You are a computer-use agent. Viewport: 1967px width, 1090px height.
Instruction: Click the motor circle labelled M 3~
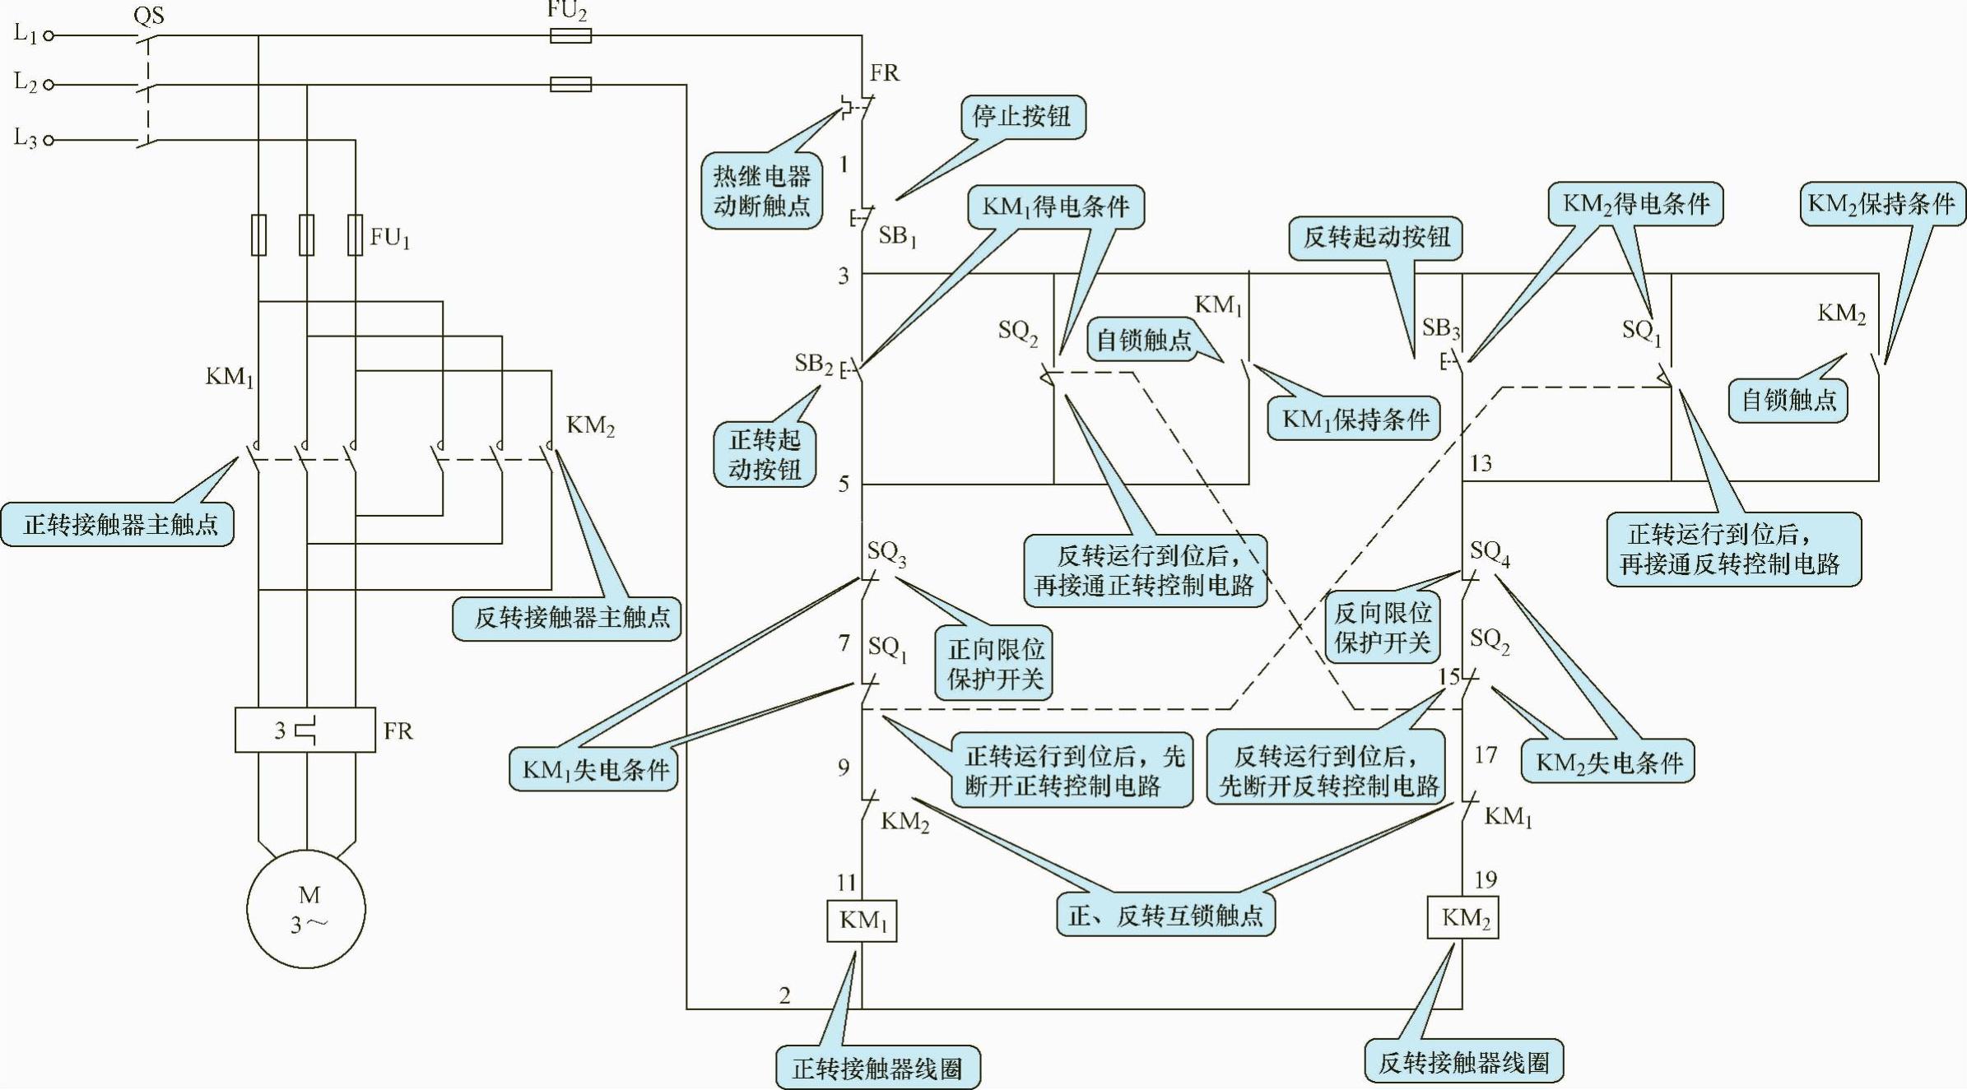tap(306, 909)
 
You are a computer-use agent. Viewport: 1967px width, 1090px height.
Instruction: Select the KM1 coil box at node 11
tap(862, 921)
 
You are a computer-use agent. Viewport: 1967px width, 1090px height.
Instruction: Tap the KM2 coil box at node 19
tap(1462, 918)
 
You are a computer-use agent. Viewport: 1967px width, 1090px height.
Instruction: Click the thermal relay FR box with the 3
tap(305, 730)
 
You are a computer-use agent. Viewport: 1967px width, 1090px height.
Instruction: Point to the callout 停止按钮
tap(1021, 116)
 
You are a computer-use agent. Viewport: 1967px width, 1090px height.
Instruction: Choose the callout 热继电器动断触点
tap(761, 190)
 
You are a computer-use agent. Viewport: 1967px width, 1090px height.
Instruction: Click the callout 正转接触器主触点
tap(119, 524)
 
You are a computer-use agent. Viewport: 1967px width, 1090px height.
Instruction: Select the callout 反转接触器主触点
tap(568, 617)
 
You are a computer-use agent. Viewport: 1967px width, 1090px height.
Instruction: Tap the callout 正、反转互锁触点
tap(1165, 916)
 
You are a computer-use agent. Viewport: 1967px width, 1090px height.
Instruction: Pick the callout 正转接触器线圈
tap(877, 1069)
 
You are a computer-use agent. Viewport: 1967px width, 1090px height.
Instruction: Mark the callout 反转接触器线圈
tap(1464, 1062)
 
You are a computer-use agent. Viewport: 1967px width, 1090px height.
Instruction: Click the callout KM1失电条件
tap(593, 769)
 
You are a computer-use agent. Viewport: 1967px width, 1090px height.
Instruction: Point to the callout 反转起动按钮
tap(1375, 237)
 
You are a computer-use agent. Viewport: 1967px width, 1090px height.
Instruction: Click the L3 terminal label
tap(26, 137)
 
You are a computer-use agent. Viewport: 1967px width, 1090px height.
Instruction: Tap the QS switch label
tap(149, 15)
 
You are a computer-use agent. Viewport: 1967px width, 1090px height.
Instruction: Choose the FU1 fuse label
tap(389, 238)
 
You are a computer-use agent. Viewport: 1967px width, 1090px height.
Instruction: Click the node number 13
tap(1481, 463)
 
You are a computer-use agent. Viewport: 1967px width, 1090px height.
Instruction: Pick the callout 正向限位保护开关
tap(995, 664)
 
